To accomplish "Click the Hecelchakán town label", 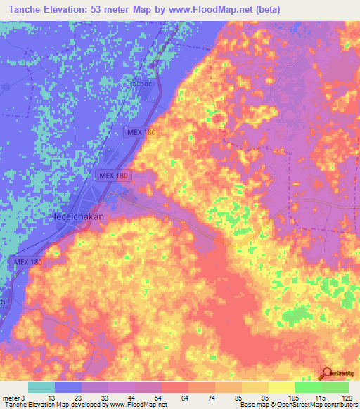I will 77,216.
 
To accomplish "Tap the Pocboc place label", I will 140,83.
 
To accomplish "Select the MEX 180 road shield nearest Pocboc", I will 142,132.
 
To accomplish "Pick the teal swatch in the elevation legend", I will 41,387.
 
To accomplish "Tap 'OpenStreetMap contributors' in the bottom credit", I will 318,405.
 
